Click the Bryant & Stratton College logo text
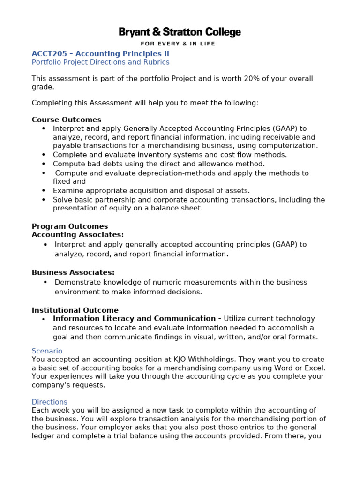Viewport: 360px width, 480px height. tap(180, 32)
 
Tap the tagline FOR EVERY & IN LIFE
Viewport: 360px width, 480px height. tap(180, 44)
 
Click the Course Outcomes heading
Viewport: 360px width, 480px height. tap(67, 120)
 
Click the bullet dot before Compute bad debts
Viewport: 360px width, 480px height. tap(44, 164)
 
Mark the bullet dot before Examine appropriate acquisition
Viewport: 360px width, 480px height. tap(44, 191)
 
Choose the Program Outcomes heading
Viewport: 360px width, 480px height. tap(70, 226)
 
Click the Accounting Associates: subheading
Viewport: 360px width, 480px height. tap(78, 235)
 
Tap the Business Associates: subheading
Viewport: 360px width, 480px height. tap(73, 273)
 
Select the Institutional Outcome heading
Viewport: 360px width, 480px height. tap(75, 310)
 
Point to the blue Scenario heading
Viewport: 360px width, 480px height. tap(47, 351)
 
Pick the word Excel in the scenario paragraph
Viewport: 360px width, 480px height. tap(315, 368)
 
